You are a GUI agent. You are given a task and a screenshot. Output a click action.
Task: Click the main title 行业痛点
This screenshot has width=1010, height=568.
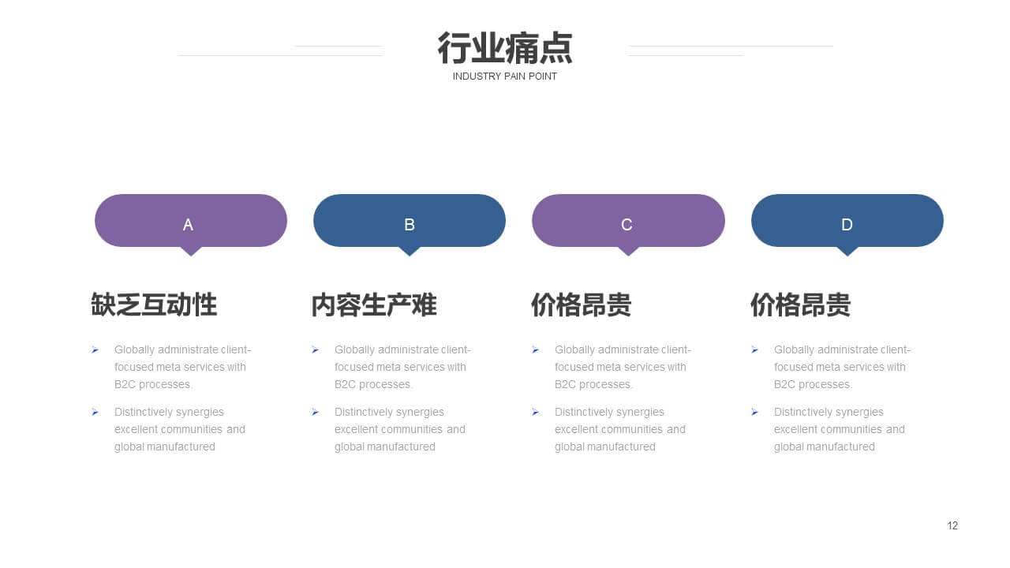click(504, 48)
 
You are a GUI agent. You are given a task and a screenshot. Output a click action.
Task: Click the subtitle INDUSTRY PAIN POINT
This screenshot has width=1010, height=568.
click(504, 77)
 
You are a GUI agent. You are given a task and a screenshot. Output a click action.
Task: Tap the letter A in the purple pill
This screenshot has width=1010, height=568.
click(188, 225)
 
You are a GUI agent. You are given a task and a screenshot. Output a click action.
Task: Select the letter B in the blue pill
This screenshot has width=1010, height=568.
click(410, 225)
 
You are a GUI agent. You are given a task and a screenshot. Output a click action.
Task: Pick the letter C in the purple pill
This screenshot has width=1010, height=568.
click(627, 225)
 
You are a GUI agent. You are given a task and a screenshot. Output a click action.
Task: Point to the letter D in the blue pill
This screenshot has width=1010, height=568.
click(847, 225)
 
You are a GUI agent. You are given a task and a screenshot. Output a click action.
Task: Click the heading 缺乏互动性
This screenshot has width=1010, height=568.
click(154, 305)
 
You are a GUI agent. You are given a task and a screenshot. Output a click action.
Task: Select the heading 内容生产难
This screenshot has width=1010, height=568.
click(374, 305)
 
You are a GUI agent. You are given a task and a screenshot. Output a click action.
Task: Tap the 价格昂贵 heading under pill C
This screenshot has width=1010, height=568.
click(582, 305)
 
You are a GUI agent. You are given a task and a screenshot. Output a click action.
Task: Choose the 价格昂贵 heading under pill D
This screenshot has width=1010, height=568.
click(800, 305)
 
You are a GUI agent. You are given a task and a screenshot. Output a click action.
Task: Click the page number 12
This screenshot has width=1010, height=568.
click(952, 525)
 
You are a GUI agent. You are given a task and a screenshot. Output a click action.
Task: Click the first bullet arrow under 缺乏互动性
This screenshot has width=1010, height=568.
click(95, 349)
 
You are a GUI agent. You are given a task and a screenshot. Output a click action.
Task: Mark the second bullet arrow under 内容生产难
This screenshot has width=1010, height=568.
click(315, 412)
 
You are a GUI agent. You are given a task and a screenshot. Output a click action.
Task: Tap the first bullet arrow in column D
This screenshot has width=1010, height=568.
click(755, 349)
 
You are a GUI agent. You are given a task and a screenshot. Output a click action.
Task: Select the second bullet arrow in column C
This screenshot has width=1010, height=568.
click(535, 412)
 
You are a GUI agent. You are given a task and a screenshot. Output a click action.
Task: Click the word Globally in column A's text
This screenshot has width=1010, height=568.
click(134, 349)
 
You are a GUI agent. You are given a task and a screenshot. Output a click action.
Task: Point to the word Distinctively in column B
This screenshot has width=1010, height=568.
click(362, 412)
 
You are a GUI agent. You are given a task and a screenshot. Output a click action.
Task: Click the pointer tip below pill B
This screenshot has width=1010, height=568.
click(410, 256)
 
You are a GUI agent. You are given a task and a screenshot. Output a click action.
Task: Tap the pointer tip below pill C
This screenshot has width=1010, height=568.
click(629, 256)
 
